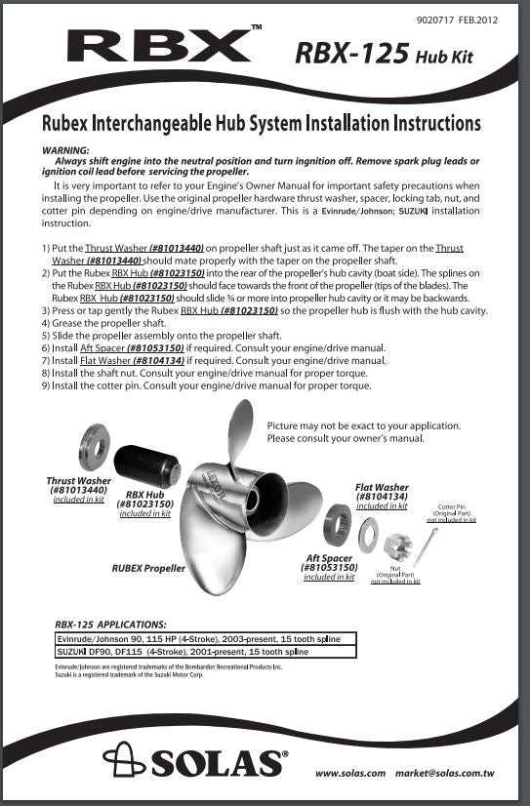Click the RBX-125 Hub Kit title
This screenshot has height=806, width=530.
click(x=383, y=55)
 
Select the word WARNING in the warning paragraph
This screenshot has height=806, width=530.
click(x=67, y=150)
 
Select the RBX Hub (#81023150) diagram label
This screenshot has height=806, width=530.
click(x=144, y=500)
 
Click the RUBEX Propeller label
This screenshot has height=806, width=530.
click(x=148, y=567)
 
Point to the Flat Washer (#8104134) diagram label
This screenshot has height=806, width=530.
click(x=382, y=493)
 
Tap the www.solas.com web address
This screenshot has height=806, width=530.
click(x=350, y=774)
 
